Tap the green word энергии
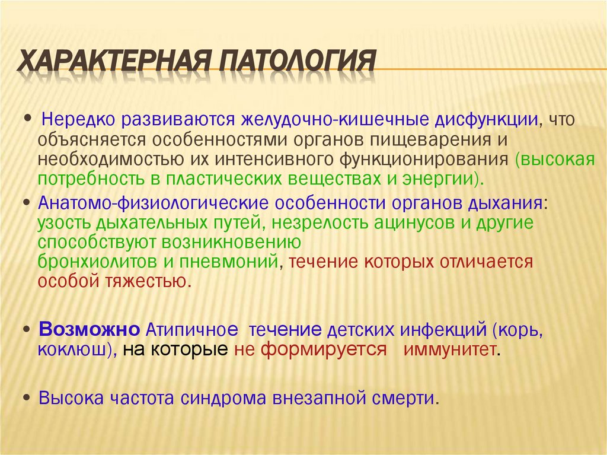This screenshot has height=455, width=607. [x=445, y=179]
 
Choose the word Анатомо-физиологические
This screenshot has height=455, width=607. [x=153, y=203]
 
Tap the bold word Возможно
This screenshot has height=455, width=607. [x=89, y=329]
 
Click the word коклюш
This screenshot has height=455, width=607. [x=71, y=349]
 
